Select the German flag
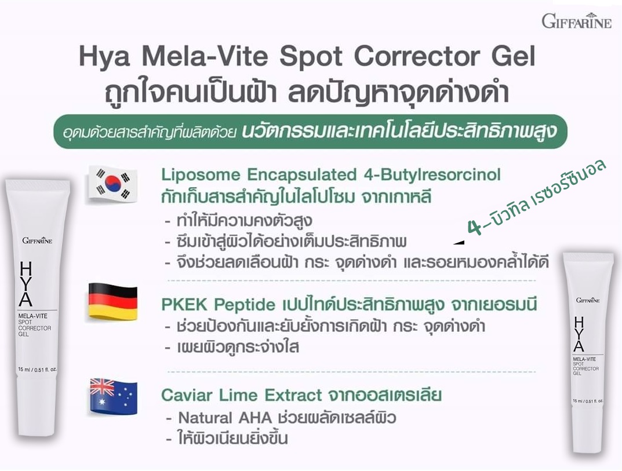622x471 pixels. pyautogui.click(x=112, y=301)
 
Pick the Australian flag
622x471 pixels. pyautogui.click(x=114, y=396)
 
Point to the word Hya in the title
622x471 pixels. pyautogui.click(x=104, y=57)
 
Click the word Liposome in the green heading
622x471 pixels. pyautogui.click(x=201, y=175)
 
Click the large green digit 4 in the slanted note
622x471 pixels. pyautogui.click(x=475, y=228)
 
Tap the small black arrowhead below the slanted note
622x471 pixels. pyautogui.click(x=459, y=243)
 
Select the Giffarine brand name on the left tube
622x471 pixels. pyautogui.click(x=37, y=240)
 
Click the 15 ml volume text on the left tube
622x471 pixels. pyautogui.click(x=37, y=370)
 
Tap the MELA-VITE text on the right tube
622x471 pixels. pyautogui.click(x=584, y=359)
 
